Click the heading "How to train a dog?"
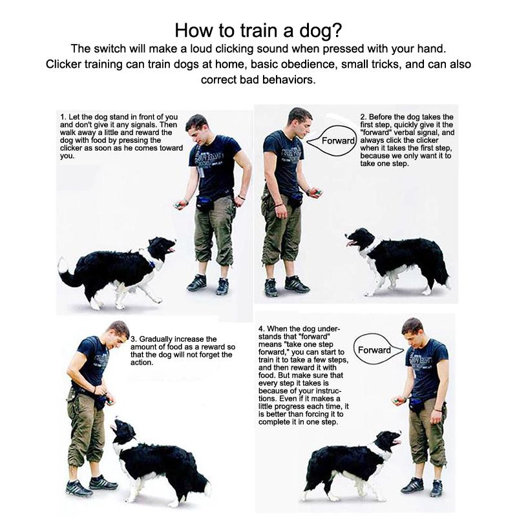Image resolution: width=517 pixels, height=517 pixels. tap(258, 30)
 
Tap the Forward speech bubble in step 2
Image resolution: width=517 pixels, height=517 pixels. tap(339, 141)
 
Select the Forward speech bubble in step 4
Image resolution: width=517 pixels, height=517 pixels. tap(375, 350)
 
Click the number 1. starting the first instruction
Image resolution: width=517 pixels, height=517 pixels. tap(63, 117)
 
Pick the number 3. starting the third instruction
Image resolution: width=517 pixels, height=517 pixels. tap(134, 339)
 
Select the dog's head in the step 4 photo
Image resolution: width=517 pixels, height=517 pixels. tap(387, 441)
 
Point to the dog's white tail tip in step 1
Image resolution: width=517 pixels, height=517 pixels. tap(62, 264)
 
